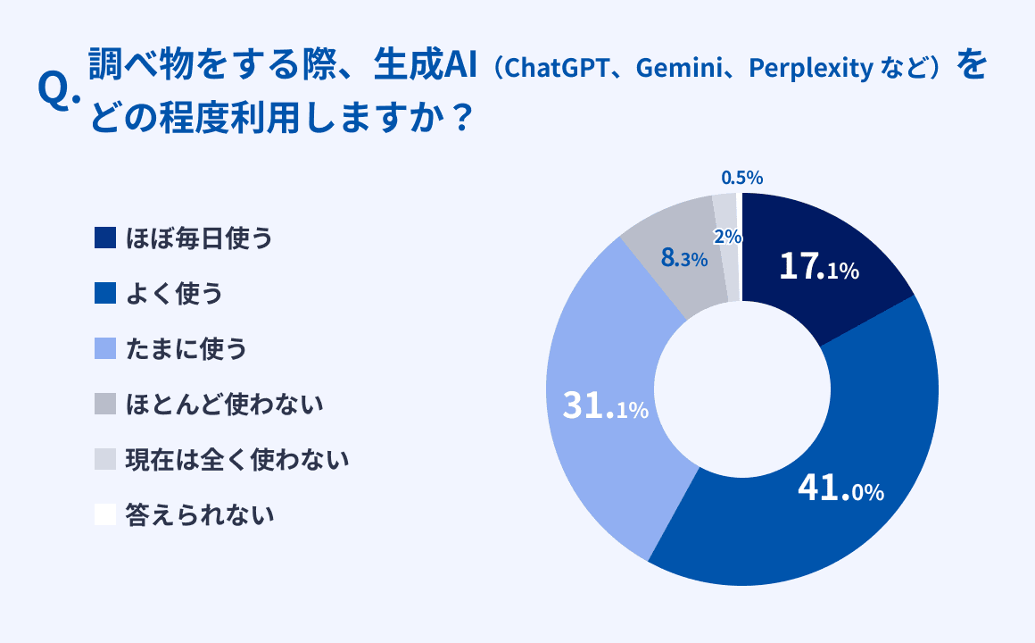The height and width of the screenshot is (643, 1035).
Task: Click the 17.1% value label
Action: tap(819, 267)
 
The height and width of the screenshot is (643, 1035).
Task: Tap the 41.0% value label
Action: tap(840, 489)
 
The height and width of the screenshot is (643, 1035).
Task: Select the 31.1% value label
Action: tap(605, 405)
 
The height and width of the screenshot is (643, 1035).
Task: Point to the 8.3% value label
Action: tap(683, 258)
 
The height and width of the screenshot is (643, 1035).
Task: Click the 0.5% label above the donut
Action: tap(742, 178)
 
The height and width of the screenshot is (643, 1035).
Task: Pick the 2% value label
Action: tap(727, 236)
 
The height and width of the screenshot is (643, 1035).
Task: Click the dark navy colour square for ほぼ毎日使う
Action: tap(105, 238)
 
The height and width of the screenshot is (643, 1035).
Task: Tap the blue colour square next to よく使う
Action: tap(105, 294)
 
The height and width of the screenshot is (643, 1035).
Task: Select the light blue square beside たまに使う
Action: tap(105, 348)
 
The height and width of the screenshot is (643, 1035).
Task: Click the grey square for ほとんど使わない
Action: tap(105, 404)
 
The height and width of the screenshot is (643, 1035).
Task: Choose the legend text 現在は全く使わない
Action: tap(237, 459)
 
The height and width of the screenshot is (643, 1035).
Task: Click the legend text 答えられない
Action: tap(200, 514)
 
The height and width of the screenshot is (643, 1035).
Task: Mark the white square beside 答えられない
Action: tap(105, 514)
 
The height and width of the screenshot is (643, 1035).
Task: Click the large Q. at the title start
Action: tap(59, 90)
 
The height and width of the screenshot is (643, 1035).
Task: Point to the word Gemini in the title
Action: tap(680, 68)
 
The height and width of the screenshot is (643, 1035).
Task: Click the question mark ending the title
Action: tap(463, 119)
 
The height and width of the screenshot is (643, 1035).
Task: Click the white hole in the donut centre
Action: tap(742, 389)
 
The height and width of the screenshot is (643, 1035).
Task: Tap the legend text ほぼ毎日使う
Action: tap(199, 238)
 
